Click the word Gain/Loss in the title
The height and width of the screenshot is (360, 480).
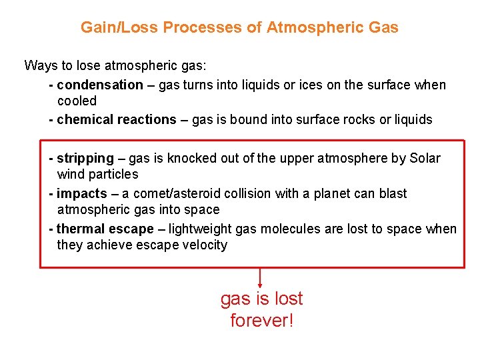click(x=119, y=27)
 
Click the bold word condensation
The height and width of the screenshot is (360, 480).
click(x=100, y=85)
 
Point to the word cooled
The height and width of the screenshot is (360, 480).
click(x=77, y=101)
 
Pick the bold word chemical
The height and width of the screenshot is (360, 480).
click(x=85, y=120)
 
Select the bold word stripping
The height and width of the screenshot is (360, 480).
click(x=85, y=159)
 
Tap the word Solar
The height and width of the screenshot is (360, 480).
click(x=425, y=159)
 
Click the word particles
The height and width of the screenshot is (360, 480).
click(x=117, y=175)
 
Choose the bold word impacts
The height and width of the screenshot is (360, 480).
click(x=82, y=194)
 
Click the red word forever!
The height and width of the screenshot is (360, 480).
click(x=261, y=321)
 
